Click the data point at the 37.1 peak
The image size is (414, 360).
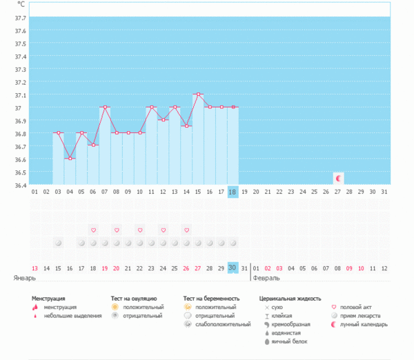198,94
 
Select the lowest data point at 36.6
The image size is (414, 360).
70,159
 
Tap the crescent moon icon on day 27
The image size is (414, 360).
338,178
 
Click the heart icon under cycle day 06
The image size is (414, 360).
93,230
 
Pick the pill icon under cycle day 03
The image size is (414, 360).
58,243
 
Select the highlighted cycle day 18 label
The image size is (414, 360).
233,192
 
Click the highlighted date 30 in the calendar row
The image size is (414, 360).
233,268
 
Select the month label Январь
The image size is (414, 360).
23,278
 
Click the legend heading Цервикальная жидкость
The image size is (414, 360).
290,299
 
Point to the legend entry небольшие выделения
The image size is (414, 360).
68,316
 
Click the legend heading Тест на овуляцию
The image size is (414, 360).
138,299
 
